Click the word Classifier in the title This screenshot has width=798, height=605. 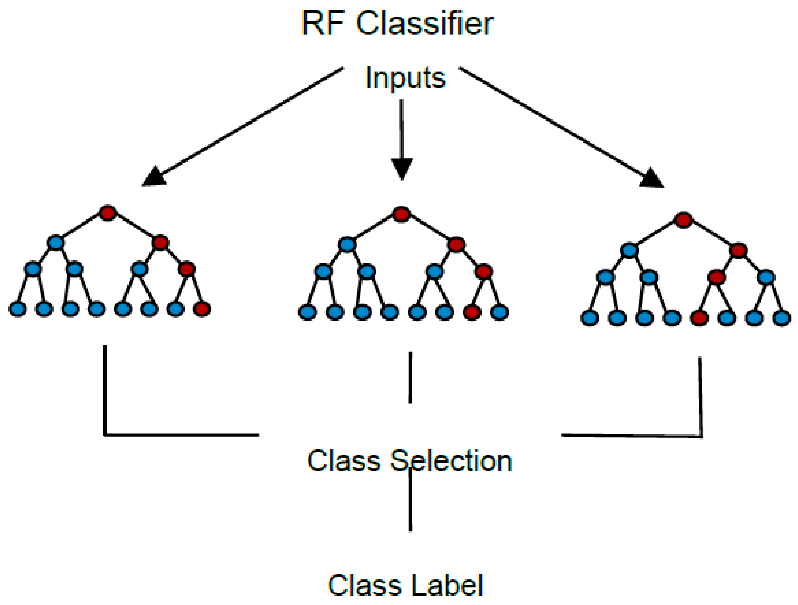(425, 24)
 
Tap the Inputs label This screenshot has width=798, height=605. (405, 78)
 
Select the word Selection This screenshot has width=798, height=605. (451, 461)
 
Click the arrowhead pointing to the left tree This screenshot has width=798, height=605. (154, 177)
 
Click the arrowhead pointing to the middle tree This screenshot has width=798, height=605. (402, 168)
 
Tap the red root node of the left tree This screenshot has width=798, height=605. (108, 213)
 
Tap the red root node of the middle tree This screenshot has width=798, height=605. (401, 214)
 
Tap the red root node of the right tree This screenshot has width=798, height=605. (684, 220)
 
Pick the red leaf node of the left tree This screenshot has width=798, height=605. (202, 309)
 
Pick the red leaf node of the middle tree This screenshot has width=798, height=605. (472, 312)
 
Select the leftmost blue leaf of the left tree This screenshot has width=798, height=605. (18, 309)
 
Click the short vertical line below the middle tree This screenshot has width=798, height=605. (410, 377)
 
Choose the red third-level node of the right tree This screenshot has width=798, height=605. (716, 277)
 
